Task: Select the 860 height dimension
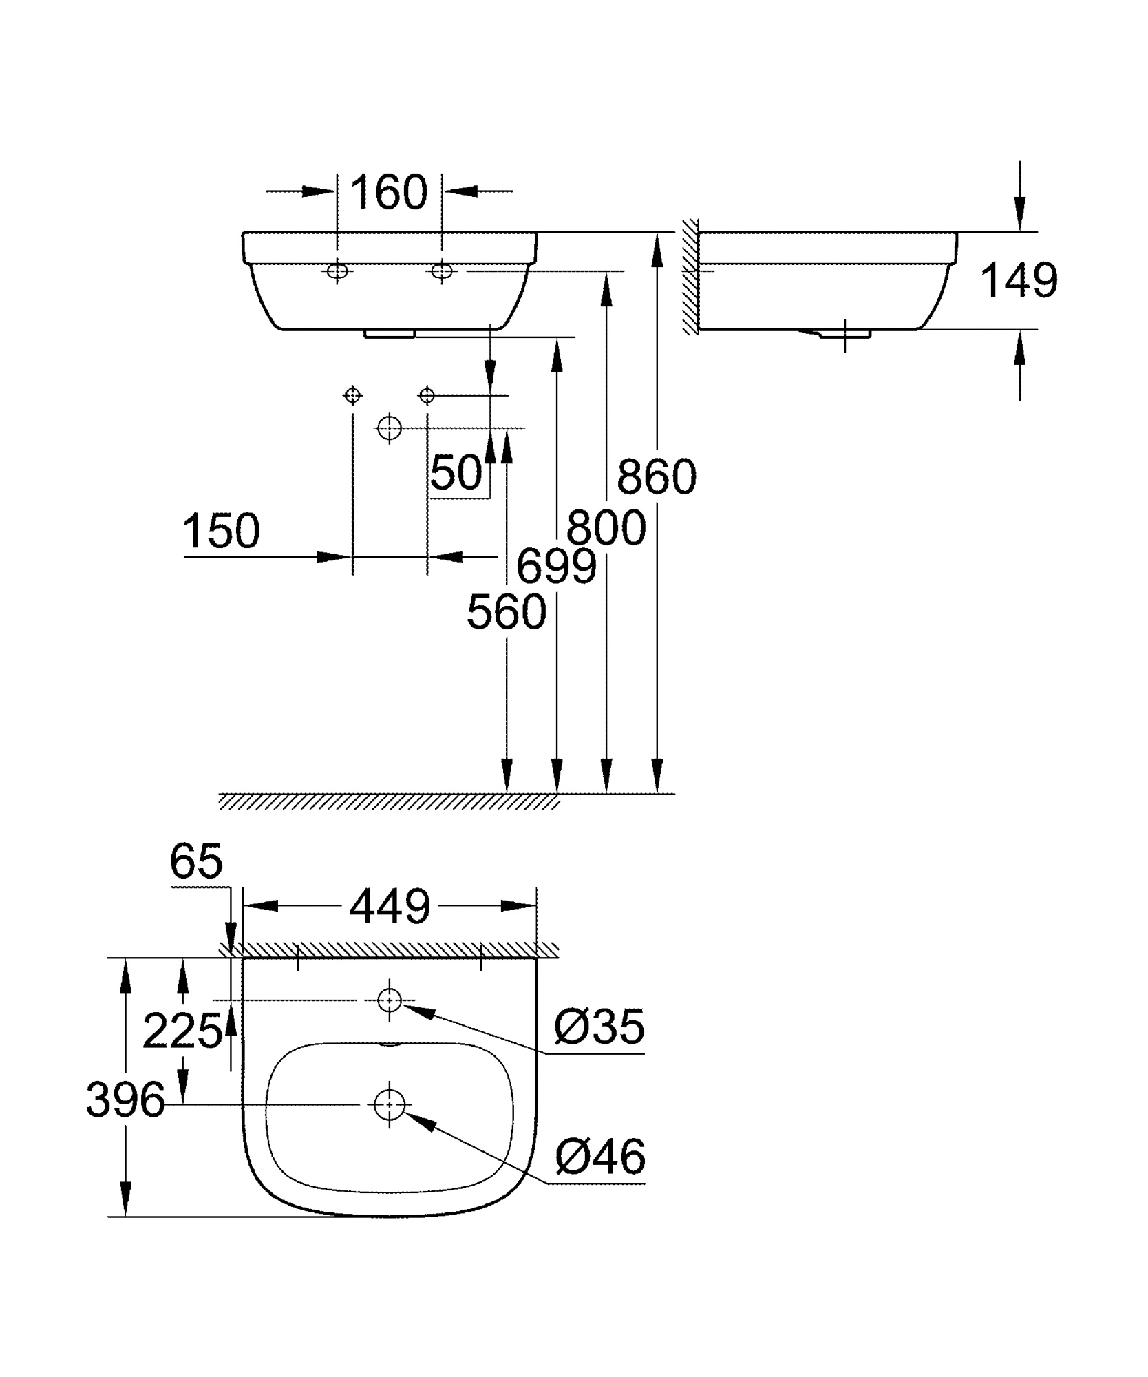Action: pyautogui.click(x=656, y=476)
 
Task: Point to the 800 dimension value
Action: pyautogui.click(x=606, y=528)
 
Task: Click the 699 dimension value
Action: pyautogui.click(x=556, y=567)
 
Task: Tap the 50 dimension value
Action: pyautogui.click(x=456, y=473)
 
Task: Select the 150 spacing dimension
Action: pyautogui.click(x=221, y=531)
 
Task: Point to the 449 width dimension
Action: pyautogui.click(x=390, y=906)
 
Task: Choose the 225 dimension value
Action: pyautogui.click(x=182, y=1031)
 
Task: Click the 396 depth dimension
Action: pyautogui.click(x=125, y=1100)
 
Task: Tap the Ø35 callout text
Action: pyautogui.click(x=599, y=1027)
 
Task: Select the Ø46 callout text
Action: pyautogui.click(x=599, y=1156)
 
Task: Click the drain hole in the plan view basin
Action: pyautogui.click(x=389, y=1104)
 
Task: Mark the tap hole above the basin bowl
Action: pyautogui.click(x=390, y=999)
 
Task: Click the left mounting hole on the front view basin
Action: pyautogui.click(x=337, y=271)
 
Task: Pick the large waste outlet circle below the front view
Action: pyautogui.click(x=390, y=428)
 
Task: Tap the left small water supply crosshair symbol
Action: pyautogui.click(x=352, y=395)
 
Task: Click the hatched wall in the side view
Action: pyautogui.click(x=690, y=277)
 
